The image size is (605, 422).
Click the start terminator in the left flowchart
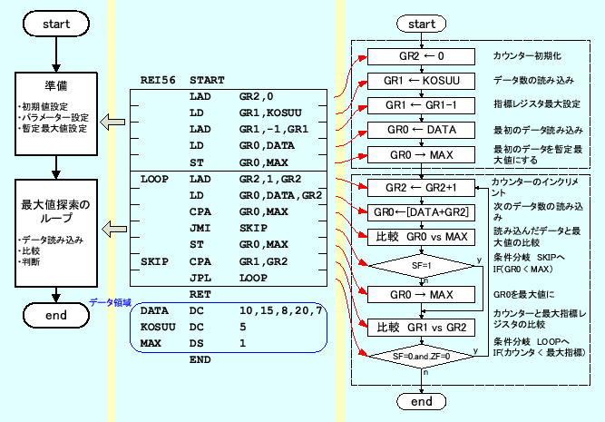[x=56, y=25]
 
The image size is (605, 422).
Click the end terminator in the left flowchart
[x=56, y=315]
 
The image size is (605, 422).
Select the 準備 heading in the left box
[x=56, y=87]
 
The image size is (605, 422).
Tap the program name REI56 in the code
[x=157, y=81]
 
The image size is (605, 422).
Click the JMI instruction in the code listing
[x=200, y=228]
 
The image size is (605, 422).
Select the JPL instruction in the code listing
[x=200, y=277]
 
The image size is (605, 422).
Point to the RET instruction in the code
[x=200, y=295]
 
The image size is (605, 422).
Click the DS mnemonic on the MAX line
[x=196, y=343]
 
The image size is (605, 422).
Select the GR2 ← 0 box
[x=422, y=56]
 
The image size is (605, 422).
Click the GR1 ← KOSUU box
[x=422, y=81]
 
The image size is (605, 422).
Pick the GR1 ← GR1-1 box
[x=422, y=105]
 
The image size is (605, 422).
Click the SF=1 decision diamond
[x=422, y=266]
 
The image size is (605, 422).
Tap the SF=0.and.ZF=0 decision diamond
[x=422, y=357]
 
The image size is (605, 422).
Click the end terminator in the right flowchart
[x=422, y=400]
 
